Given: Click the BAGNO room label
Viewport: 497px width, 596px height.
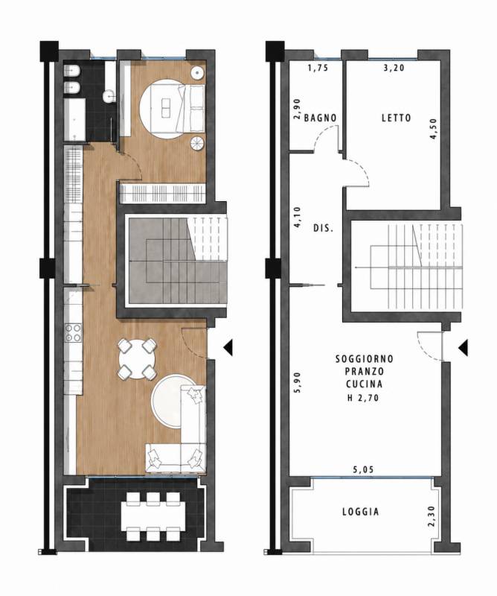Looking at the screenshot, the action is point(320,118).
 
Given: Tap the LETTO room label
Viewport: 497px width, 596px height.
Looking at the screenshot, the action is point(397,118).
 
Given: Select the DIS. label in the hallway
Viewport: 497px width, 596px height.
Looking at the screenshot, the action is point(324,229).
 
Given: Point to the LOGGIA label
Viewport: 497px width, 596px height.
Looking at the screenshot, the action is point(361,512).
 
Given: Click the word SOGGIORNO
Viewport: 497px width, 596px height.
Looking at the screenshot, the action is point(365,359).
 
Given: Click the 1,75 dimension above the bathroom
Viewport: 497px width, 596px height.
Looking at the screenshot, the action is point(318,68).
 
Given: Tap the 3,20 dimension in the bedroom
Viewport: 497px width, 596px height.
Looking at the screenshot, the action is point(394,68).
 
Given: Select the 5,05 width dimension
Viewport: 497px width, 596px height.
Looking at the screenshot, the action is point(363,469).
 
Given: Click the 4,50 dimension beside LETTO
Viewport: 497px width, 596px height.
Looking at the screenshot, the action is point(434,129).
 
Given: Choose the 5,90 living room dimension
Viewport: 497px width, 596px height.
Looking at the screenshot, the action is point(298,382).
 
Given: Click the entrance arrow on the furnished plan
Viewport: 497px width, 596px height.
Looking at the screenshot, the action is point(228,347).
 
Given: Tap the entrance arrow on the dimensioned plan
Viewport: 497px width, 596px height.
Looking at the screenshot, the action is point(463,348).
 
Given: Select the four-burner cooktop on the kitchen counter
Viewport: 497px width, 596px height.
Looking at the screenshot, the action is point(73,332).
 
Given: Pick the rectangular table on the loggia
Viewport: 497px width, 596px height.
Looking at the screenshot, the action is point(153,516).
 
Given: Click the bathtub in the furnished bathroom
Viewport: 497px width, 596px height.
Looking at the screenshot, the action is point(74,120).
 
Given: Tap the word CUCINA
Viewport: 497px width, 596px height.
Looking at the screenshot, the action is point(365,384).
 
